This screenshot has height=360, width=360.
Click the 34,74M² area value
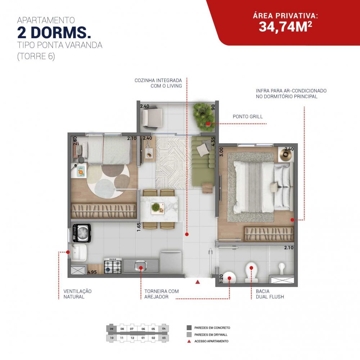click(285, 27)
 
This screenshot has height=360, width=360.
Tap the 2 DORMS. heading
click(54, 33)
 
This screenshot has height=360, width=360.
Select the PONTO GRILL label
click(248, 117)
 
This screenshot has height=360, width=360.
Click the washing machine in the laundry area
click(81, 233)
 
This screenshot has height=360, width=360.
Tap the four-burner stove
click(113, 266)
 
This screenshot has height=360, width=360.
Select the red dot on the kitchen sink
click(141, 268)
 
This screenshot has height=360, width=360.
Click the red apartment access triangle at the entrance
click(197, 282)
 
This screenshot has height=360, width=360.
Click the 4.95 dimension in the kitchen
click(92, 272)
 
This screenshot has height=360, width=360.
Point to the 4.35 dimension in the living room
click(213, 141)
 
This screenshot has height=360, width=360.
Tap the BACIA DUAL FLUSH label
click(270, 294)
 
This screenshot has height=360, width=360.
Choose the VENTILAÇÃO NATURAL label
click(77, 294)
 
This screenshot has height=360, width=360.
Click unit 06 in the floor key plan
click(143, 329)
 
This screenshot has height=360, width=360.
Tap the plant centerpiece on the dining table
click(156, 207)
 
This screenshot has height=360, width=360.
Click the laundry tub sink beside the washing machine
click(79, 253)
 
